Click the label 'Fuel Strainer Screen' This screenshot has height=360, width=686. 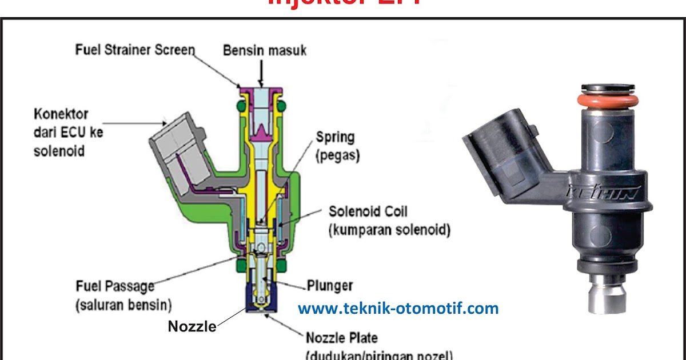[135, 50]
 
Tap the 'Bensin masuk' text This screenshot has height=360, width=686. [264, 50]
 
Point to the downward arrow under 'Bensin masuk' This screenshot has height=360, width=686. [261, 72]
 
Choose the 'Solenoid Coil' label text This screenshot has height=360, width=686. [368, 211]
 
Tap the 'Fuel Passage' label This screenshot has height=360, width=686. [115, 285]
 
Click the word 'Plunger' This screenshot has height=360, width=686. [330, 285]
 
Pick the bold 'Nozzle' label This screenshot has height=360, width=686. [192, 326]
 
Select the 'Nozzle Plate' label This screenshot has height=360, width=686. [342, 337]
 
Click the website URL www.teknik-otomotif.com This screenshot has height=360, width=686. [398, 309]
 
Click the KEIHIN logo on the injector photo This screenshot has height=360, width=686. [601, 193]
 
